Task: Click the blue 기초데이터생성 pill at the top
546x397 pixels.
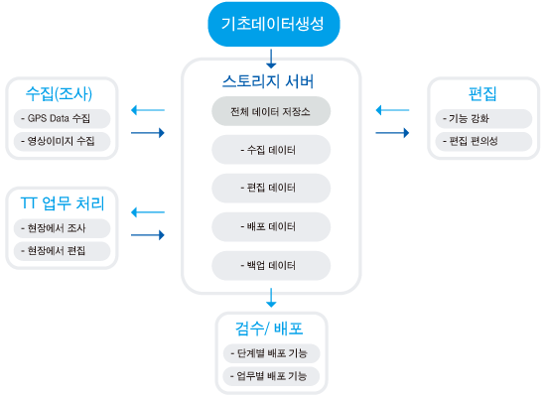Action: [x=274, y=24]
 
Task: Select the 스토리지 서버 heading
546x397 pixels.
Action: [x=268, y=81]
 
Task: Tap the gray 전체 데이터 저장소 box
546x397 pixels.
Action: [x=271, y=111]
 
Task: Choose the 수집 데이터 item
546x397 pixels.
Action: [x=271, y=150]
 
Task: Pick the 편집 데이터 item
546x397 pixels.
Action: [x=271, y=188]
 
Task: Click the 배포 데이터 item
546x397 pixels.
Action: [x=271, y=227]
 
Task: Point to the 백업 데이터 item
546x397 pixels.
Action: [x=271, y=266]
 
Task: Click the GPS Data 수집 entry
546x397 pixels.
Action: [x=62, y=119]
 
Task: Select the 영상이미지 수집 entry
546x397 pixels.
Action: [x=62, y=141]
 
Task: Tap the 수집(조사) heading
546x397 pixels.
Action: [x=59, y=94]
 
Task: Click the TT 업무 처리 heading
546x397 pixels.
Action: [x=63, y=203]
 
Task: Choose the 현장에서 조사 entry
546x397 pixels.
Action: [x=62, y=228]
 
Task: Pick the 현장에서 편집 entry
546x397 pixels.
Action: [x=62, y=251]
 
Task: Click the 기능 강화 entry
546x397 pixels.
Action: [x=483, y=119]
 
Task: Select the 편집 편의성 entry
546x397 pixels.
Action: [x=483, y=141]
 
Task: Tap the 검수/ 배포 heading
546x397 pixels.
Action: [x=269, y=329]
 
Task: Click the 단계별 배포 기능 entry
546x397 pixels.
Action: [x=271, y=353]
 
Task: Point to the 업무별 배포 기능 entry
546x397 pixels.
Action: [x=271, y=376]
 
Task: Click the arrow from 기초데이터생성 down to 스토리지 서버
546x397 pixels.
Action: [x=271, y=59]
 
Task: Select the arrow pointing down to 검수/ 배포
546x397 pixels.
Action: [x=271, y=298]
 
